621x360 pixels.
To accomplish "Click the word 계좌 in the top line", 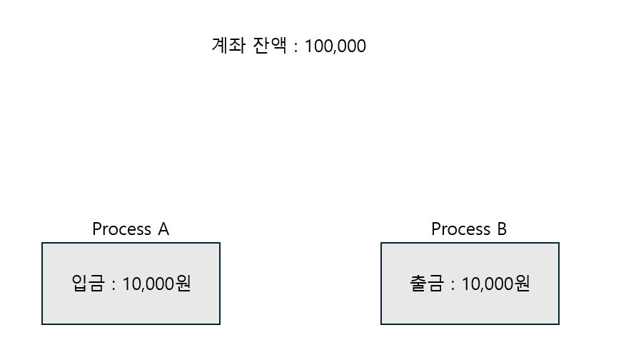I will click(228, 46).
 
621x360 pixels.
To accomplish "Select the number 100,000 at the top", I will click(335, 46).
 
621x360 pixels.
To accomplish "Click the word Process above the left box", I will click(121, 229).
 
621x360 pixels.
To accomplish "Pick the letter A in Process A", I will click(163, 229).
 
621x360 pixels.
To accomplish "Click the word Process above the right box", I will click(460, 229).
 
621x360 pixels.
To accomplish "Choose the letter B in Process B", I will click(501, 229).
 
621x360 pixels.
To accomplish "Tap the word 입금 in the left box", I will click(88, 284).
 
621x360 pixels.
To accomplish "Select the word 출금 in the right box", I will click(427, 284).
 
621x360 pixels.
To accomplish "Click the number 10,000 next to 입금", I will click(148, 284).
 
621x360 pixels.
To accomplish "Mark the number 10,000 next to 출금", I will click(488, 284).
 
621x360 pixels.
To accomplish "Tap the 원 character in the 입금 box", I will click(183, 284).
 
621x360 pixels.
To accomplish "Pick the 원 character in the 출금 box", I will click(522, 284).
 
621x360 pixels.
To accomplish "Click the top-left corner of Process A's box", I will click(43, 244).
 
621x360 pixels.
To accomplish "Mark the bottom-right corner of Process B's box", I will click(558, 324).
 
